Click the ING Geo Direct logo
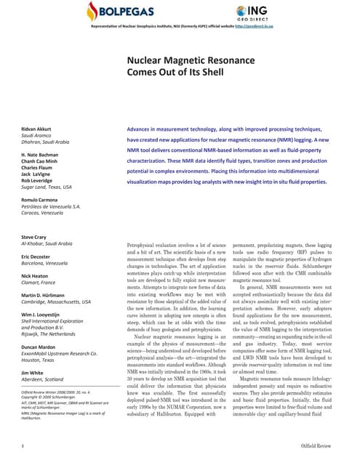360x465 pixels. click(258, 12)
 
